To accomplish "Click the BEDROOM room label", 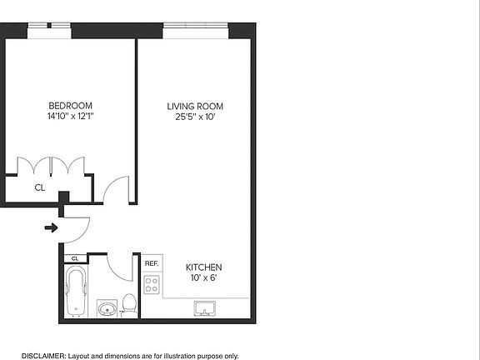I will tap(70, 105).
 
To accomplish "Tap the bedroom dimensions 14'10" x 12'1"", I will tap(70, 117).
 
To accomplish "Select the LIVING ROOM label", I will tap(195, 106).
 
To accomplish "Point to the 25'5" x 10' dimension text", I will tap(195, 117).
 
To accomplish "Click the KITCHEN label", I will tap(204, 267).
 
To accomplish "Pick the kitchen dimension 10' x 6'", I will tap(204, 277).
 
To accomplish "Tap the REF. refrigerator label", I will tap(152, 263).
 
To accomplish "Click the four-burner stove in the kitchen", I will tap(152, 285).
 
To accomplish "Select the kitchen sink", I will tap(205, 309).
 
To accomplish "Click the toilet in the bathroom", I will tap(128, 305).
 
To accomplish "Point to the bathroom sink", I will tap(106, 310).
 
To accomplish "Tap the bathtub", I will tap(76, 292).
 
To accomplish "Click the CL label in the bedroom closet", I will tap(39, 188).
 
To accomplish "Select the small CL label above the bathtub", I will tap(74, 258).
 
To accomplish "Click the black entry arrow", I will tap(51, 227).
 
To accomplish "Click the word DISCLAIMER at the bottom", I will tap(43, 356).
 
